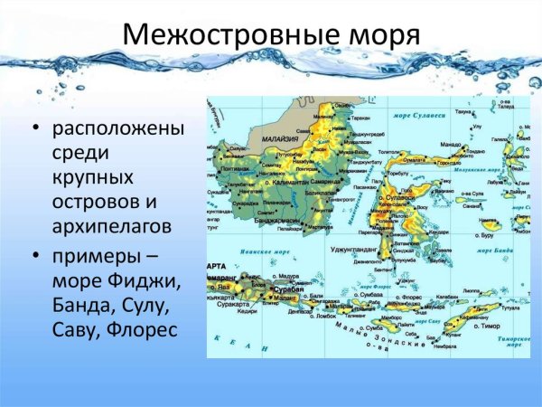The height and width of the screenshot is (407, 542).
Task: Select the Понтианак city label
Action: (x=235, y=168)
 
